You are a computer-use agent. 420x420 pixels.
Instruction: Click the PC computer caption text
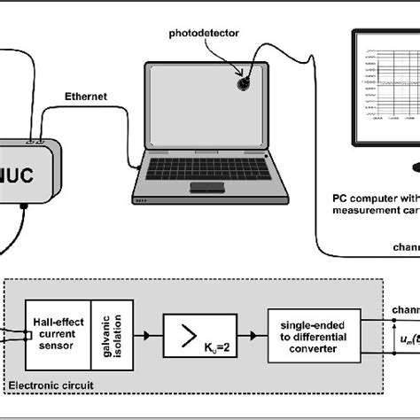point(372,203)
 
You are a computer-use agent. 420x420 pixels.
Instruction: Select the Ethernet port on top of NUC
point(36,139)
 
